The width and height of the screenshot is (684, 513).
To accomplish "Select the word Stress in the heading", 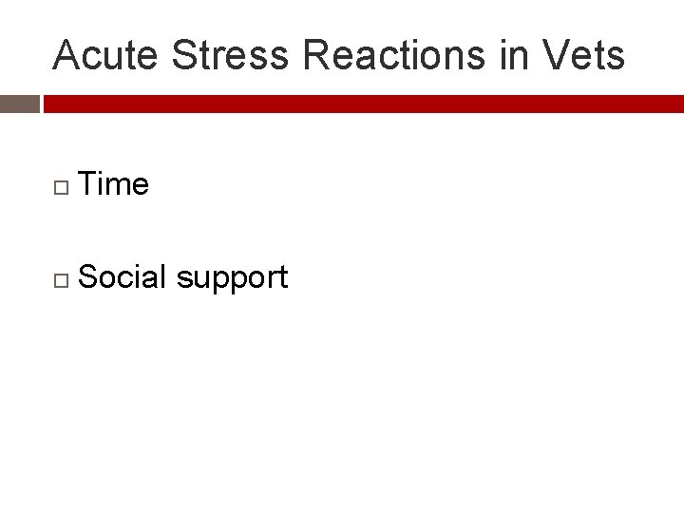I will (230, 56).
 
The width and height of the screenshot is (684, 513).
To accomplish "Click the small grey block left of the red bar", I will (19, 104).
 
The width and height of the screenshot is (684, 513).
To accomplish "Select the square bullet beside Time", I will (61, 185).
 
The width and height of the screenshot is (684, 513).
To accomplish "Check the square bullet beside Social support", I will (61, 279).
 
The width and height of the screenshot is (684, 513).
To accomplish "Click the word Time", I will (114, 183).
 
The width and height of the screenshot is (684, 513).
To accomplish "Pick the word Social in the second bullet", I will (123, 277).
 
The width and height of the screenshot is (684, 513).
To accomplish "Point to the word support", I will (232, 279).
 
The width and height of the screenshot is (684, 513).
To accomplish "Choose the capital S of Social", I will (88, 277).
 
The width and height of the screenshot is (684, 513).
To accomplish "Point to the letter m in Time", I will (122, 186).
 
